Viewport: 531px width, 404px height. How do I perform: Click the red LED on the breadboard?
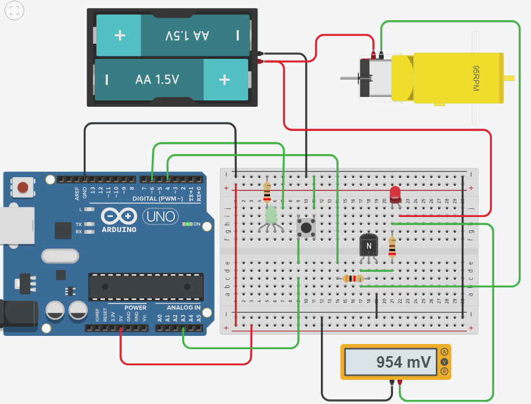click(x=395, y=193)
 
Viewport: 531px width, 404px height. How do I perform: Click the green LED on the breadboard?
click(x=271, y=215)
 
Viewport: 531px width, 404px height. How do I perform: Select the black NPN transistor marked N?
click(x=368, y=246)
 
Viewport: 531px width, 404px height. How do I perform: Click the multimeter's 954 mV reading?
click(x=403, y=362)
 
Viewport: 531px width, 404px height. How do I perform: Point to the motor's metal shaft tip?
click(x=343, y=78)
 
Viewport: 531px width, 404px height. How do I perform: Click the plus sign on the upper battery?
click(x=119, y=35)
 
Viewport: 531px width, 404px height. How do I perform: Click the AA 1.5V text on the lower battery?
click(x=157, y=79)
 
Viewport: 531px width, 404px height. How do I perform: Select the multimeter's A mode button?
click(x=444, y=351)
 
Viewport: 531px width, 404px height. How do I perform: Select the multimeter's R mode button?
click(x=444, y=372)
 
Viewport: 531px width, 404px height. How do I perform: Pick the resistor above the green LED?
click(x=267, y=190)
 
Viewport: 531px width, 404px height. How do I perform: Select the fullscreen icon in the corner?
click(x=14, y=10)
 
